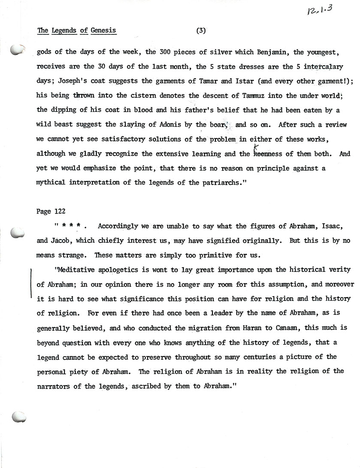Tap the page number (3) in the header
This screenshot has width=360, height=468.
[x=201, y=30]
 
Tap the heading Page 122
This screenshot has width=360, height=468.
[x=50, y=211]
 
